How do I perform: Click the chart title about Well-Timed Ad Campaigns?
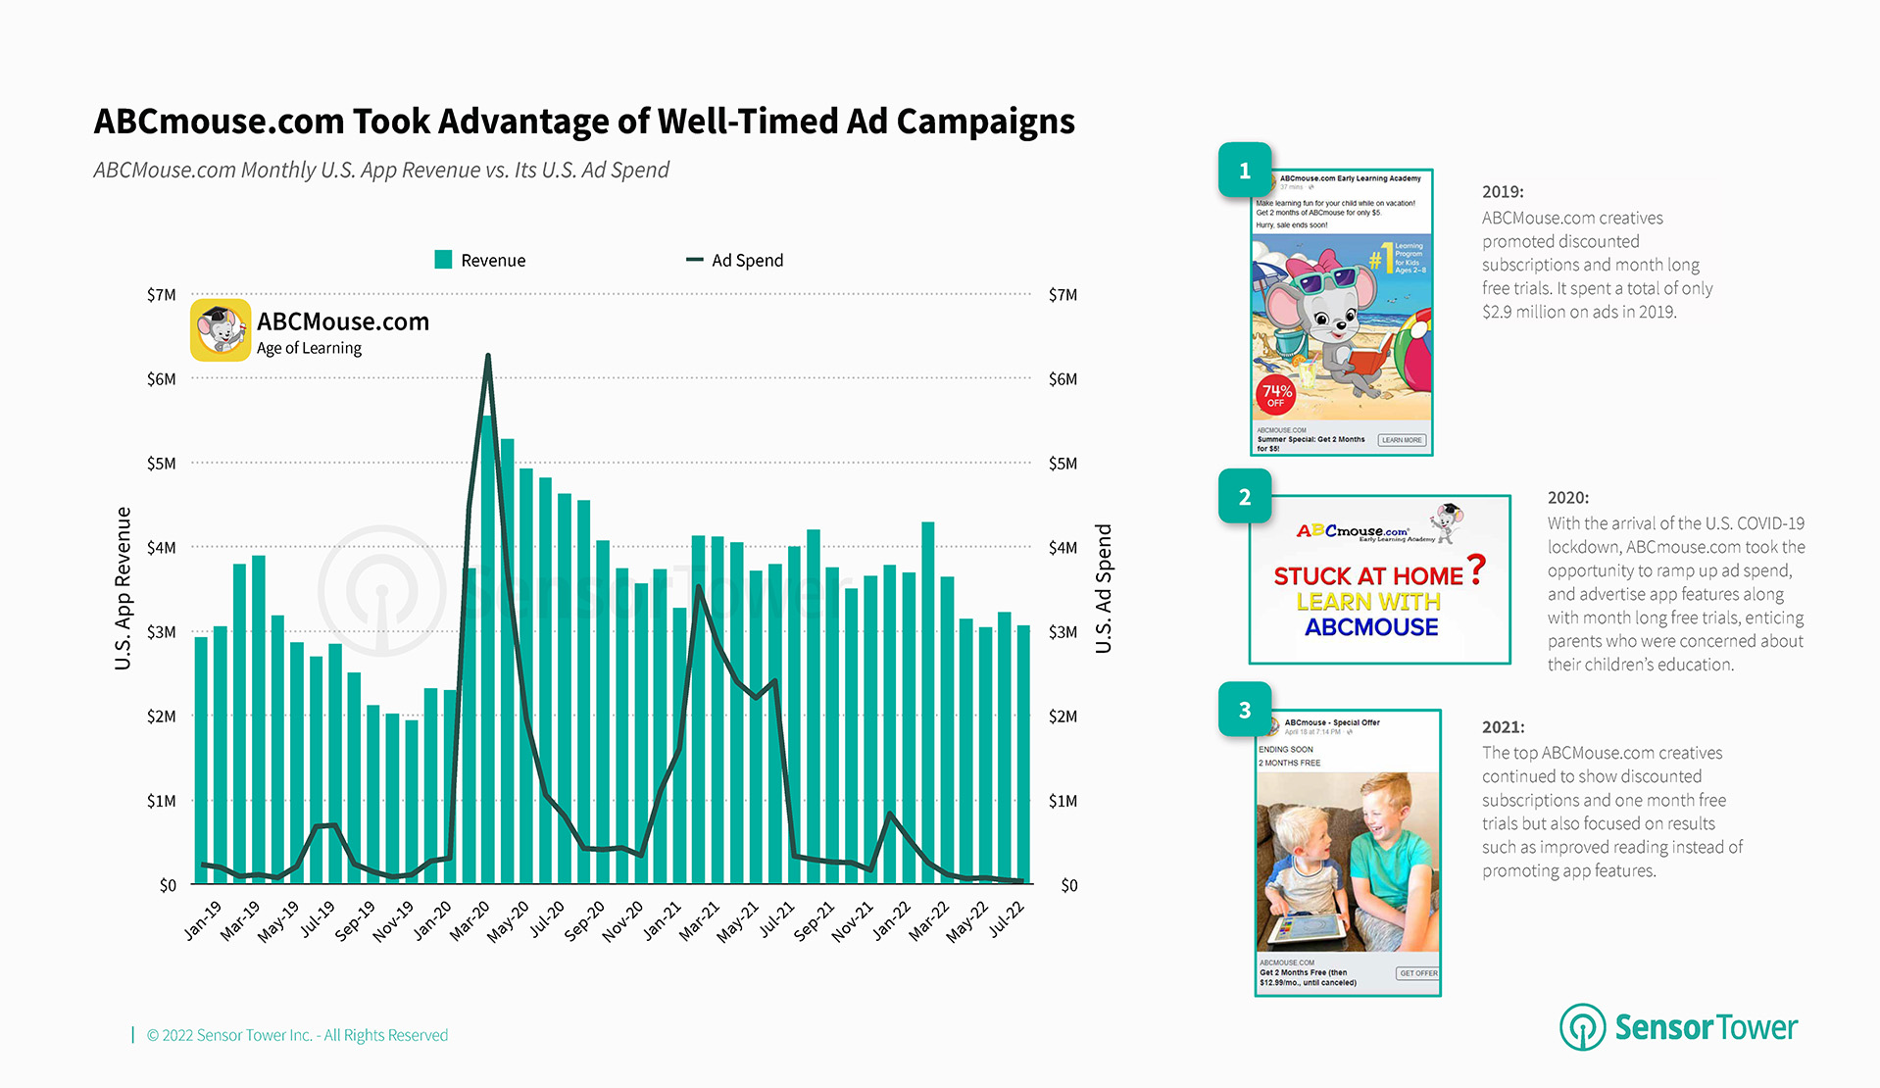[x=584, y=122]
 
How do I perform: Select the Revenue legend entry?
[x=480, y=260]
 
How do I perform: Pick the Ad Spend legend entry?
[x=735, y=260]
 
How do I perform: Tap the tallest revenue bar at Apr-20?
[x=487, y=647]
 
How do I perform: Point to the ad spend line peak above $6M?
[x=488, y=357]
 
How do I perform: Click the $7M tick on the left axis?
[x=162, y=295]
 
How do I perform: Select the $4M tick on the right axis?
[x=1063, y=548]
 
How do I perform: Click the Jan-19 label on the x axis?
[x=203, y=921]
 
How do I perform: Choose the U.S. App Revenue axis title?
[x=123, y=588]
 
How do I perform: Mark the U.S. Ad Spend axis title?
[x=1104, y=588]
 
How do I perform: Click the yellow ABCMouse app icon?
[x=221, y=330]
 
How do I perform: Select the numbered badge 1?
[x=1245, y=171]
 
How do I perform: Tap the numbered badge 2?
[x=1245, y=496]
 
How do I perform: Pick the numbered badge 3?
[x=1245, y=710]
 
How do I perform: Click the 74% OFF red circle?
[x=1275, y=395]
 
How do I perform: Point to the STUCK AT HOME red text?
[x=1368, y=576]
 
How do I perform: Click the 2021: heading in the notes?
[x=1503, y=727]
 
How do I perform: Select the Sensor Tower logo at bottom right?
[x=1678, y=1026]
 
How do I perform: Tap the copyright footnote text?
[x=297, y=1035]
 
